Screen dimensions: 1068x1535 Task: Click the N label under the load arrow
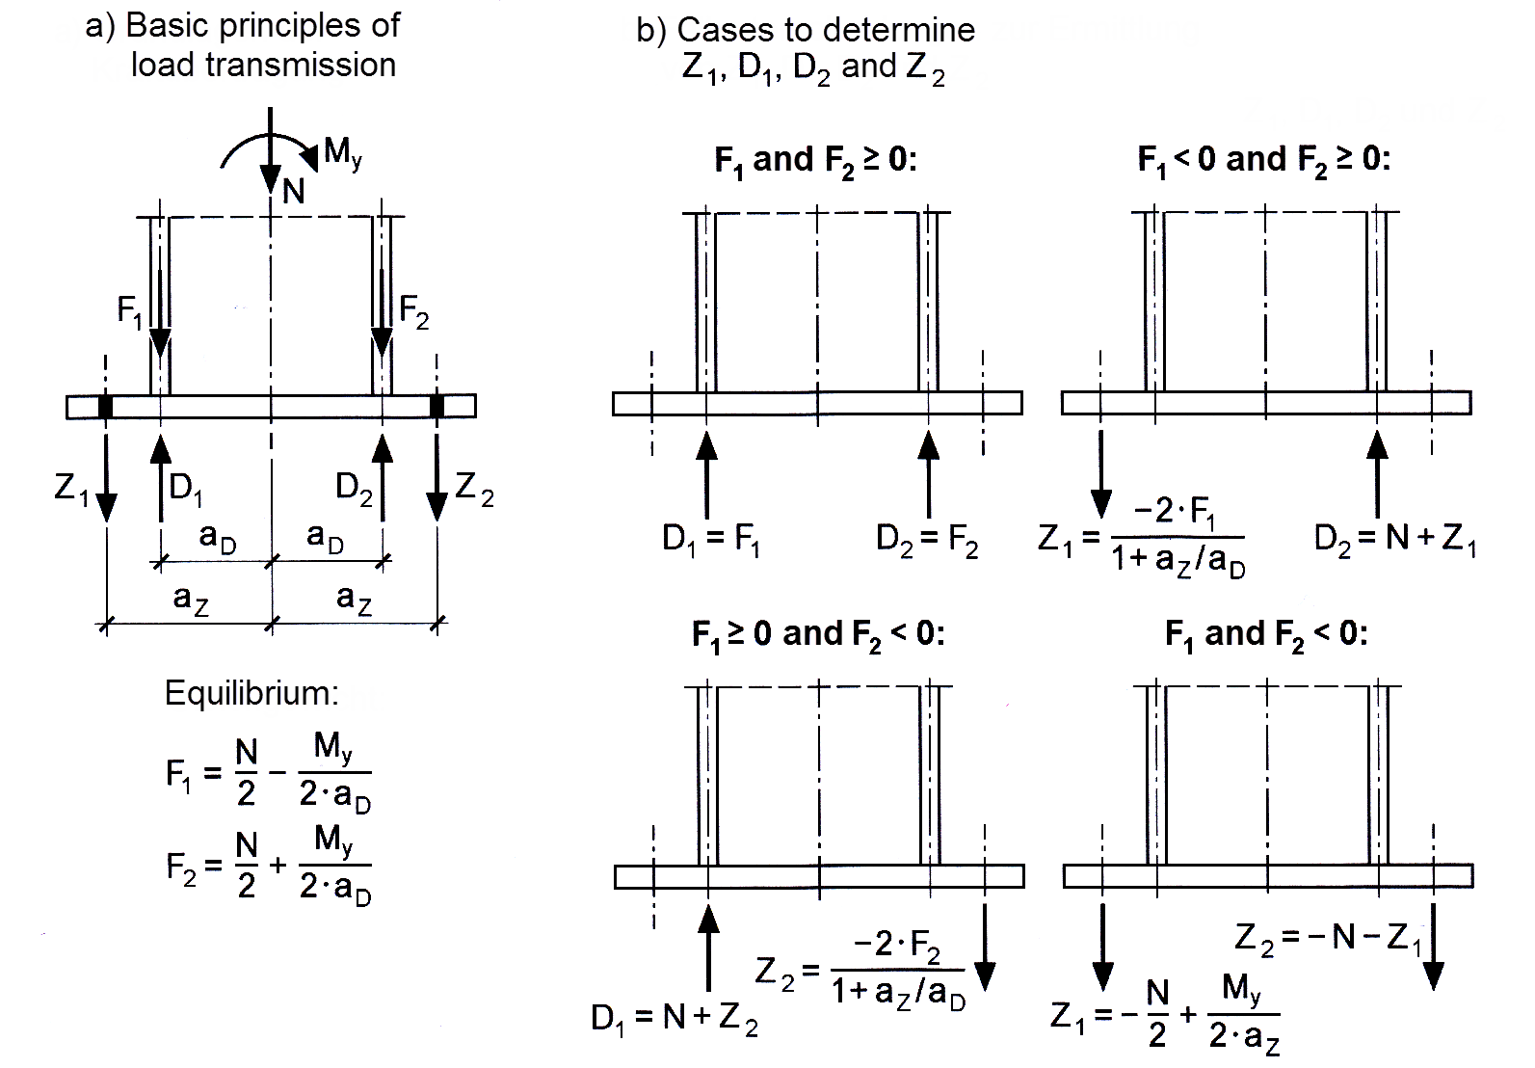coord(294,192)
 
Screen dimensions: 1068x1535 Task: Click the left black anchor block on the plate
coord(106,407)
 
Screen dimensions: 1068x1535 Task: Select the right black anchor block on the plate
coord(437,407)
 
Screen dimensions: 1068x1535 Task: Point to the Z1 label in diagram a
coord(71,490)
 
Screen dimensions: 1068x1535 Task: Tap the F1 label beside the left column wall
coord(130,311)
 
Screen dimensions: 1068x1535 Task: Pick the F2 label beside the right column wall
coord(414,311)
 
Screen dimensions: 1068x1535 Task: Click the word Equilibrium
coord(251,693)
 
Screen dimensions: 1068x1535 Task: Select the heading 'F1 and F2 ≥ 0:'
coord(815,160)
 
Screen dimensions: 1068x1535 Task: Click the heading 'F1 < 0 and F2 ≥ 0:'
coord(1264,160)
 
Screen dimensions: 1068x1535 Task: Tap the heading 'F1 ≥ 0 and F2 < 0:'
coord(818,635)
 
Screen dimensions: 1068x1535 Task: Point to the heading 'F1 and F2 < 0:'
coord(1266,635)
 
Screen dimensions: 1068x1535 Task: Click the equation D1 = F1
coord(711,540)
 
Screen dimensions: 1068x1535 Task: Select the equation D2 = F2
coord(927,540)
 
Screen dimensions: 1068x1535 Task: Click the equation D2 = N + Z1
coord(1395,540)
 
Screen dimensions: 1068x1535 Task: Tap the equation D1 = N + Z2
coord(675,1019)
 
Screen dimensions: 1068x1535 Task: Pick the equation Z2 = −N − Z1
coord(1328,938)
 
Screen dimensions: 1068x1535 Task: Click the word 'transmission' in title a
coord(263,66)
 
